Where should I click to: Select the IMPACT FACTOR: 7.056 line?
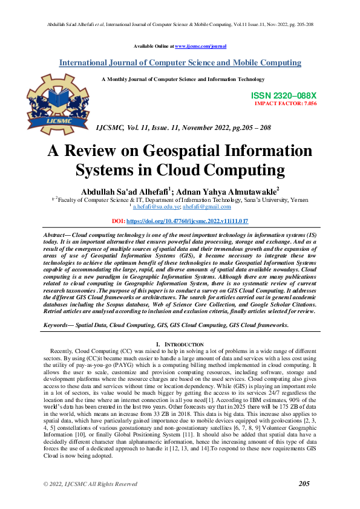(x=286, y=104)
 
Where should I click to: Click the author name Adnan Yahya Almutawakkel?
(x=227, y=190)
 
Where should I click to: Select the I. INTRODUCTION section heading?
(x=180, y=344)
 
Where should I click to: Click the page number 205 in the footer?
(x=304, y=484)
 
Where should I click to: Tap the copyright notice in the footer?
(x=90, y=484)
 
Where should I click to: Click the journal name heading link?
(x=180, y=62)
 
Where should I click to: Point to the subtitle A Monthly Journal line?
(x=183, y=79)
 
